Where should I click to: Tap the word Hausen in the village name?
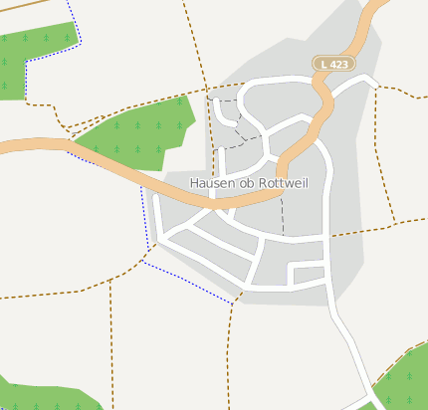coord(211,183)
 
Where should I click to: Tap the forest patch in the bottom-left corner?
coord(40,396)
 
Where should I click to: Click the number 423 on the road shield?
coord(339,64)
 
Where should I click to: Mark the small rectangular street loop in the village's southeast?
coord(310,275)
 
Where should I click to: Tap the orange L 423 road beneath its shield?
coord(323,95)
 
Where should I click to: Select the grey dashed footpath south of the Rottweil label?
coord(283,214)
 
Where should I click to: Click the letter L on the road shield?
coord(324,64)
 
